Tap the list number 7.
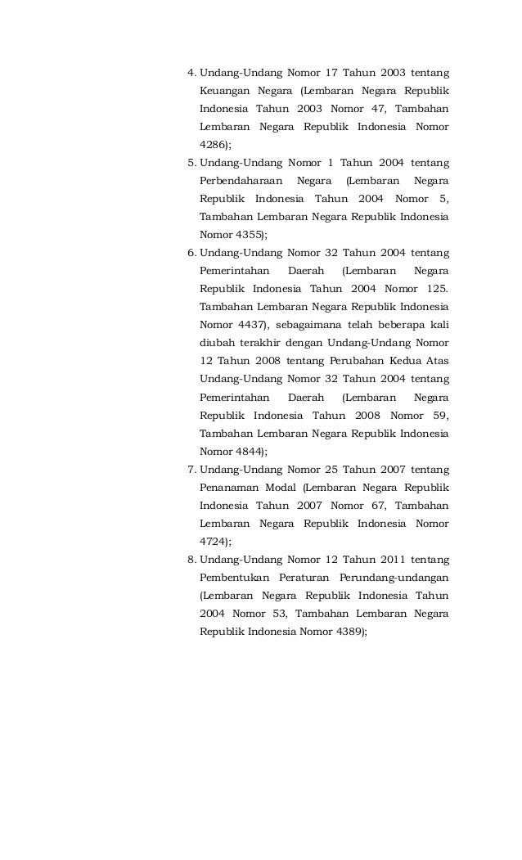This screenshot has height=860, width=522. (191, 469)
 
